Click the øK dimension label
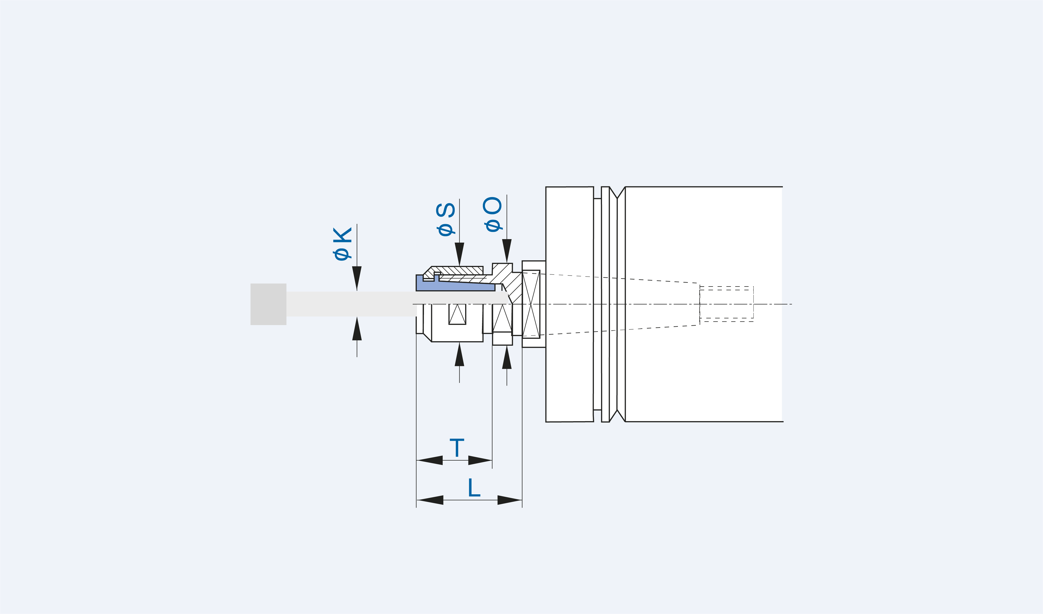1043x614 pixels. coord(342,243)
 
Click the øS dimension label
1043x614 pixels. coord(446,219)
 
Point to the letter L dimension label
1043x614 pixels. coord(474,487)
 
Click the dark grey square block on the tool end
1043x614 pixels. coord(268,304)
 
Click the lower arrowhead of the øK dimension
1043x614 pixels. coord(357,329)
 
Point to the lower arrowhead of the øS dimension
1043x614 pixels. coord(460,355)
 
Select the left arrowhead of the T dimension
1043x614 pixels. coord(430,460)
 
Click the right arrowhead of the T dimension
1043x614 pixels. coord(480,460)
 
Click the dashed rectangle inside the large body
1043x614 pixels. coord(726,304)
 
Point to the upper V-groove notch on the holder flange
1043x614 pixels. coord(617,193)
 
